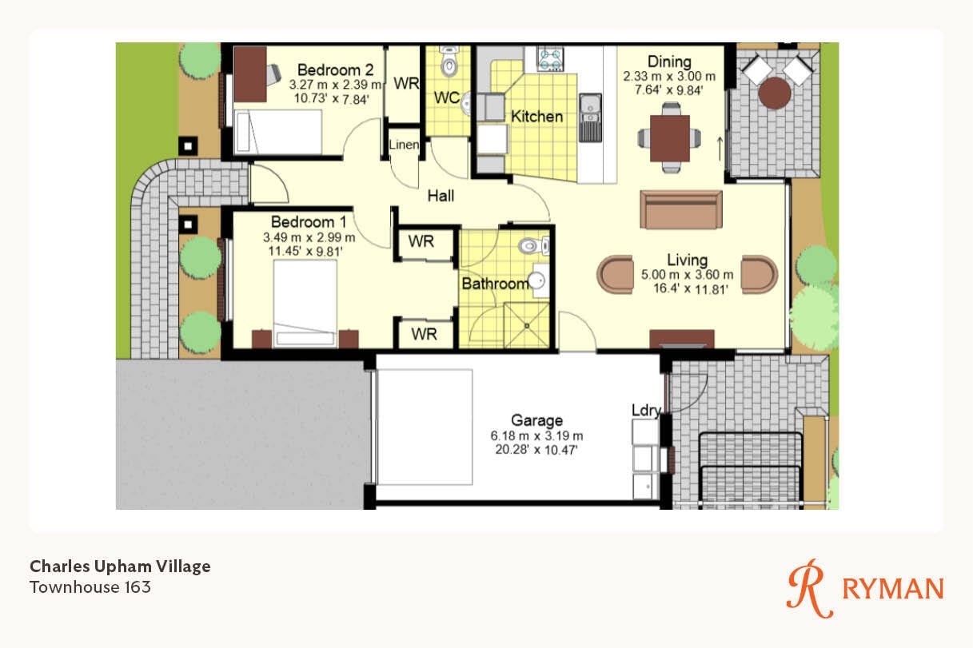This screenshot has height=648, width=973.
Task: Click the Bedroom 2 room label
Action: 335,70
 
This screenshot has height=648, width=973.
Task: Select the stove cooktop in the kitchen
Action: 550,59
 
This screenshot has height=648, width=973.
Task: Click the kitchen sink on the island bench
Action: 590,117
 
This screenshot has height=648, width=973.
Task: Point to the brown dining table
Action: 669,138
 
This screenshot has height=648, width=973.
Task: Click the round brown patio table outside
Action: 775,93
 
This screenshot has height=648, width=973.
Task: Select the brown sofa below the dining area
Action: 681,209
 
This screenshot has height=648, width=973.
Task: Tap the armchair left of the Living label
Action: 615,275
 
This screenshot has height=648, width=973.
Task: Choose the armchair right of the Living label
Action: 760,275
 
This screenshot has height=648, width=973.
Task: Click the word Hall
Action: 441,196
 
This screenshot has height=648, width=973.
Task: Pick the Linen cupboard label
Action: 404,145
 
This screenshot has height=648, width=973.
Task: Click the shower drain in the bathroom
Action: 526,325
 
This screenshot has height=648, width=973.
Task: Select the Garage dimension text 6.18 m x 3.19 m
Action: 536,435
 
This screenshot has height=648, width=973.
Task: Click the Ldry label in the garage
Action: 646,411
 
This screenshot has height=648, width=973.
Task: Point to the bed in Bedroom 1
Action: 305,304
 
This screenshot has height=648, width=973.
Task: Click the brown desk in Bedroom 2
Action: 250,74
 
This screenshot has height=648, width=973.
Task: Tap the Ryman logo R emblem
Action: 810,589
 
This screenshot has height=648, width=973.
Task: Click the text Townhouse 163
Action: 90,587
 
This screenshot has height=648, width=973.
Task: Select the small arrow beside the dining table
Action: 720,149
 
